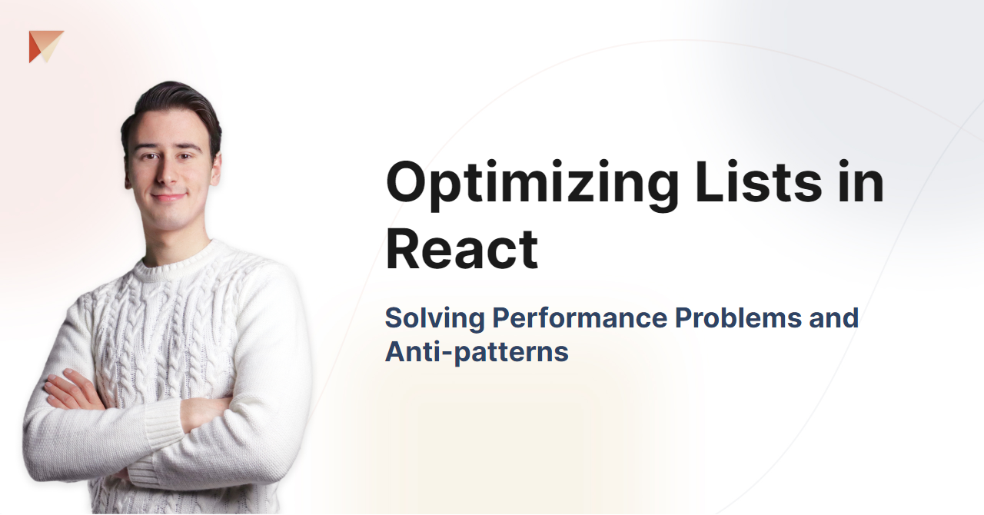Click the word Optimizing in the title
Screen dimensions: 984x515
click(x=533, y=185)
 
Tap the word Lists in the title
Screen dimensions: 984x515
click(x=759, y=181)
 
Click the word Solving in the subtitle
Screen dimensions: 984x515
click(x=435, y=318)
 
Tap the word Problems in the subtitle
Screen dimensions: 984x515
click(x=739, y=317)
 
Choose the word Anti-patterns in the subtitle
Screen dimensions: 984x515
click(x=477, y=352)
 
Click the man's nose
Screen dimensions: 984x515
click(x=167, y=173)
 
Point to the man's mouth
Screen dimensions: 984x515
click(x=169, y=196)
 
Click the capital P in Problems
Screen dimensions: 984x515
click(x=685, y=317)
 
